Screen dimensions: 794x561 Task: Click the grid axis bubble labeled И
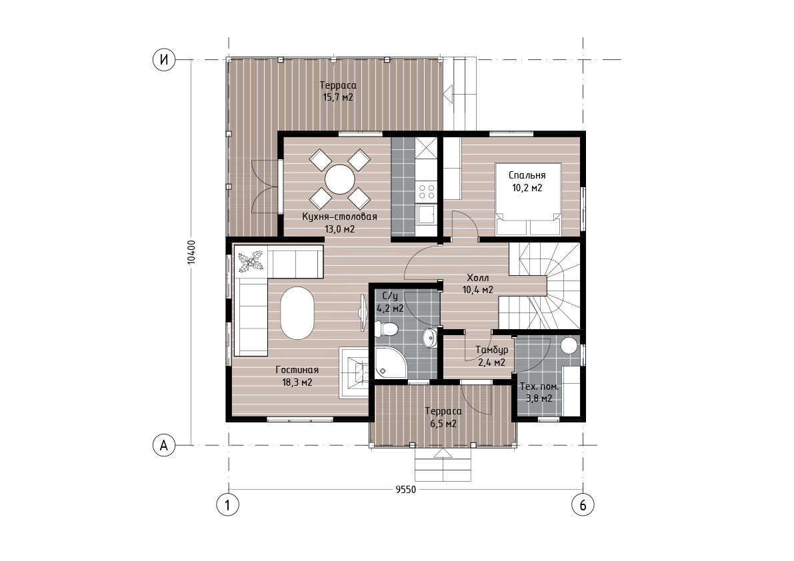point(163,60)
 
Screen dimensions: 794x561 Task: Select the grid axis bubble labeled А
point(163,445)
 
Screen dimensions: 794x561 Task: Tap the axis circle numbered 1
point(228,504)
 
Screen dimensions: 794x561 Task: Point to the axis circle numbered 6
point(583,504)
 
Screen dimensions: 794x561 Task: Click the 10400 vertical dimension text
point(191,252)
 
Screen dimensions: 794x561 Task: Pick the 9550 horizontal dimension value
point(405,490)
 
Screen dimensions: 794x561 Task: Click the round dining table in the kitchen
point(340,179)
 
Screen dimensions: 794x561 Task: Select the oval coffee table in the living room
point(297,313)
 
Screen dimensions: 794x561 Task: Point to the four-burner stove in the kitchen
point(426,192)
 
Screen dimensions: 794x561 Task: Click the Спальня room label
point(527,175)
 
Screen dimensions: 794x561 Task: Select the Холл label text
point(477,279)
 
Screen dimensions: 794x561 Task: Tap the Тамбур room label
point(492,350)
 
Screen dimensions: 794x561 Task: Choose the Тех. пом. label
point(539,387)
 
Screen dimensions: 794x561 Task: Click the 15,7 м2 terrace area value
point(338,97)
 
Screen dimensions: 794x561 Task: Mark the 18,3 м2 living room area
point(297,382)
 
